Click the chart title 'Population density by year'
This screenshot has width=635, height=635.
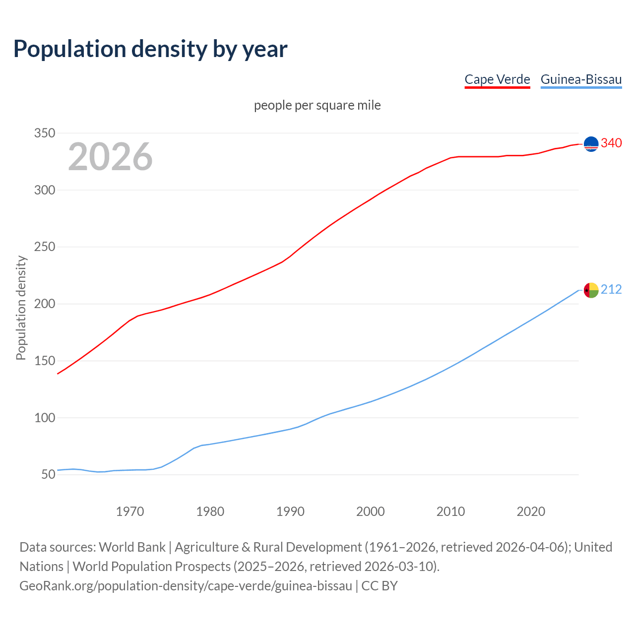click(x=150, y=49)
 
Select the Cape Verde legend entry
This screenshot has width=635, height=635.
click(x=497, y=79)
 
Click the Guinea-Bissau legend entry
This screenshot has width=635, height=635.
click(x=581, y=79)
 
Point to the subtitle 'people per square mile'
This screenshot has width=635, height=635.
click(x=317, y=105)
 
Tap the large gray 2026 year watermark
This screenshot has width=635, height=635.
click(x=110, y=157)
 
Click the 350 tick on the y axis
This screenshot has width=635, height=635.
click(x=44, y=133)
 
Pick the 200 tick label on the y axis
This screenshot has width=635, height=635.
click(x=44, y=304)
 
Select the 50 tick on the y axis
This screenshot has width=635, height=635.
click(x=48, y=474)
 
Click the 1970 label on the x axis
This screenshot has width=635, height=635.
click(x=130, y=511)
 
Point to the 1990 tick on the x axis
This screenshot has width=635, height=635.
click(x=290, y=511)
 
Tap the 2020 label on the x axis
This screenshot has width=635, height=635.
click(x=531, y=511)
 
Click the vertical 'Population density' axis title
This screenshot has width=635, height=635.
click(x=21, y=308)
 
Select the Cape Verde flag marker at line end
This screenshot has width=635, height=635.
click(x=591, y=144)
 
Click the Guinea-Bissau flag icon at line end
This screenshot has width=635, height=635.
click(x=591, y=290)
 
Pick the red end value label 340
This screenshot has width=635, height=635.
click(x=611, y=143)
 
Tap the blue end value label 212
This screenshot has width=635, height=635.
click(x=611, y=289)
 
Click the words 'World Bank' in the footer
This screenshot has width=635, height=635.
click(x=132, y=547)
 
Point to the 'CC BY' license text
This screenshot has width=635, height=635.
click(x=380, y=585)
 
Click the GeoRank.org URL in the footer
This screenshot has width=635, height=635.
click(x=186, y=585)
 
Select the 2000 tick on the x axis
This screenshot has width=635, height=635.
click(x=371, y=511)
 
